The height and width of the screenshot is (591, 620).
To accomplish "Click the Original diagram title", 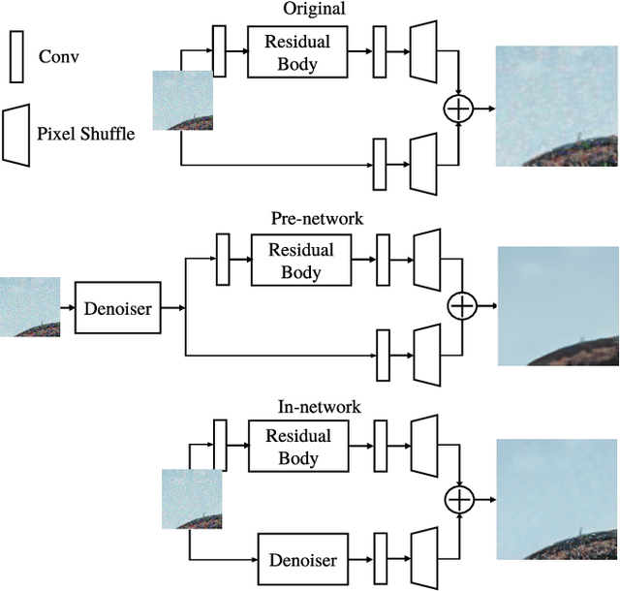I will [x=315, y=10].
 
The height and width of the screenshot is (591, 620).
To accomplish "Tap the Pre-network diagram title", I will [x=319, y=219].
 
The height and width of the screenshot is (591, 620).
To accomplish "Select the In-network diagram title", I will [x=319, y=408].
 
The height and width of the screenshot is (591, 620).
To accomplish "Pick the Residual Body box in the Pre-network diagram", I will [x=300, y=261].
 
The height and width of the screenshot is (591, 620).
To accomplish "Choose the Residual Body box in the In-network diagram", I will [x=298, y=447].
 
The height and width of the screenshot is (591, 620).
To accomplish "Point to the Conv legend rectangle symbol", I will [x=15, y=56].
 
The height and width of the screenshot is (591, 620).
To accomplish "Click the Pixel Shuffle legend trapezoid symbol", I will [x=15, y=133].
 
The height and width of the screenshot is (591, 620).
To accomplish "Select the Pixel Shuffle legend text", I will [x=85, y=134].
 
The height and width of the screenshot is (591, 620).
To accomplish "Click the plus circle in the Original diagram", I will [x=457, y=109].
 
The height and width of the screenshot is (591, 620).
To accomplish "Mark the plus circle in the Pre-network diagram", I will [x=461, y=306].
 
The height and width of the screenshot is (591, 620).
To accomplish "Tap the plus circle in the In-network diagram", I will [x=457, y=498].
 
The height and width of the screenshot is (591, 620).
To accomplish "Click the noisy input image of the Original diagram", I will [x=183, y=101].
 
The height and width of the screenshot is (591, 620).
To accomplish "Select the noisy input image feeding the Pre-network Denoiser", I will [x=29, y=307].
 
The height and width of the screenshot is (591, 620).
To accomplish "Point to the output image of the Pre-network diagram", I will [x=558, y=306].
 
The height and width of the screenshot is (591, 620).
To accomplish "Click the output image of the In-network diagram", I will [x=556, y=499].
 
